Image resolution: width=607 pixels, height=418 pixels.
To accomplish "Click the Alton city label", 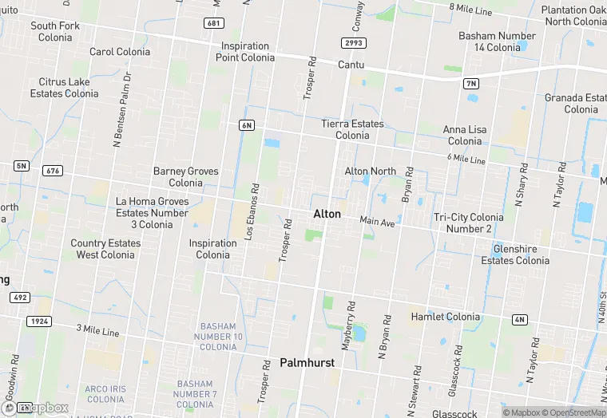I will [327, 214].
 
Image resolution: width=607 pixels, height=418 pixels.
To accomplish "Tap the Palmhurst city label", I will [307, 363].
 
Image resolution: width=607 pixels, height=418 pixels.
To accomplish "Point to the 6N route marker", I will [246, 125].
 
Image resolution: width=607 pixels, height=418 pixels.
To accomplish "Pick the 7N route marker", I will [471, 83].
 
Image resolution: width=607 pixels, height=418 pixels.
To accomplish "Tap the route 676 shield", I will [54, 171].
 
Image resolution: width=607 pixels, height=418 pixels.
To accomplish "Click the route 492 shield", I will [19, 298].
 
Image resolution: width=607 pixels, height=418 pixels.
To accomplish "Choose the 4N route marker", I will [520, 320].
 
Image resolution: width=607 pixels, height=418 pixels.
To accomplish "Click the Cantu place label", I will [351, 64].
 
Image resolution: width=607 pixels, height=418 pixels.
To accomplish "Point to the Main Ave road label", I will [377, 222].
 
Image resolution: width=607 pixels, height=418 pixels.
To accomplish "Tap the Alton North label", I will [370, 172].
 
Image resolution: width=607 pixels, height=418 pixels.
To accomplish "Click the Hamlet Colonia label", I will [446, 317].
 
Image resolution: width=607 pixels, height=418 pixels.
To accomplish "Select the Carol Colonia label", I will [120, 52].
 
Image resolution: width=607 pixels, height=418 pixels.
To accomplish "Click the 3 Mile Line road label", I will [97, 330].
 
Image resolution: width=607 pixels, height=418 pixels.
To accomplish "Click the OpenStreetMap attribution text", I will [573, 412].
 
